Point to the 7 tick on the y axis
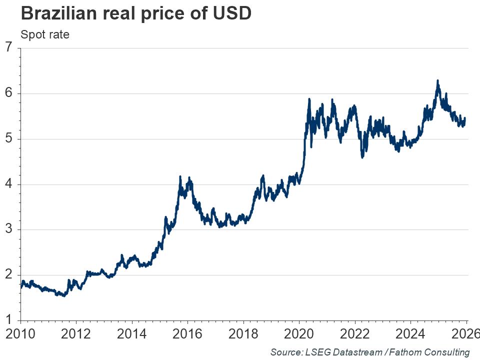pyautogui.click(x=8, y=48)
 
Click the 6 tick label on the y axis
pyautogui.click(x=8, y=93)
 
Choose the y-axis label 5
pyautogui.click(x=8, y=139)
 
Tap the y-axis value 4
pyautogui.click(x=8, y=184)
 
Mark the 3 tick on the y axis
pyautogui.click(x=8, y=230)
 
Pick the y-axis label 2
pyautogui.click(x=8, y=275)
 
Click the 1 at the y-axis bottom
pyautogui.click(x=8, y=320)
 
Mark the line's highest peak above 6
pyautogui.click(x=437, y=80)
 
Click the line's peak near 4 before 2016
pyautogui.click(x=180, y=176)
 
